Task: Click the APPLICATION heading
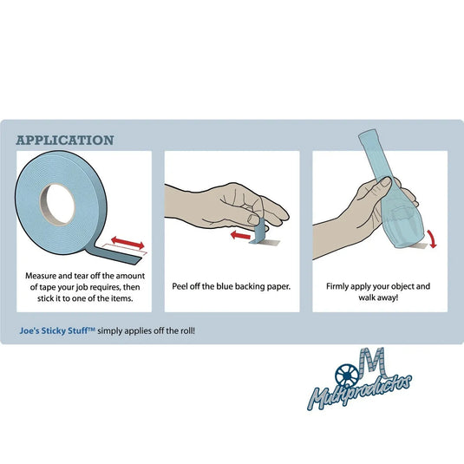click(65, 140)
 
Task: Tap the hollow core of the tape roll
click(58, 204)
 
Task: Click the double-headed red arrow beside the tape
click(127, 242)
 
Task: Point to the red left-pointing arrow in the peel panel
click(240, 236)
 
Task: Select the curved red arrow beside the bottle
click(431, 239)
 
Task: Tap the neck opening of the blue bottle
click(368, 134)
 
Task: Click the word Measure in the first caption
click(41, 276)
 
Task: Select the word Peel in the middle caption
click(180, 286)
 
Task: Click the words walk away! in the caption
click(378, 297)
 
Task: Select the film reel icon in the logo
click(347, 376)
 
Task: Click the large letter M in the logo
click(372, 363)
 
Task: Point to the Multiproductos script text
click(359, 392)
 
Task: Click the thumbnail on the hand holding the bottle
click(384, 181)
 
